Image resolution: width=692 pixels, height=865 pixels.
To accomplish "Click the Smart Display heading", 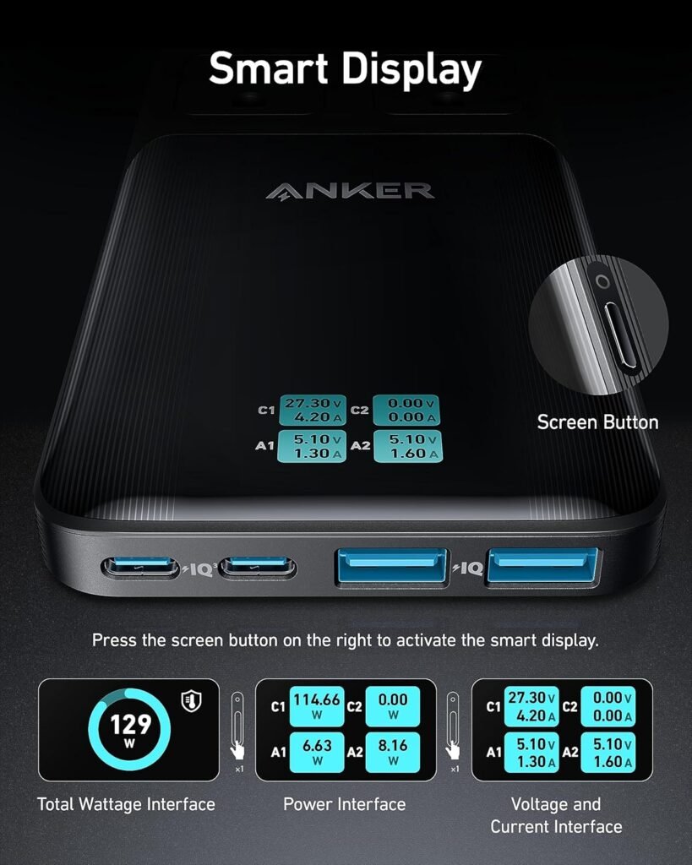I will (346, 69).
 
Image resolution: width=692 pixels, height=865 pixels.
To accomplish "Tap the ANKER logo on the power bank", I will (350, 190).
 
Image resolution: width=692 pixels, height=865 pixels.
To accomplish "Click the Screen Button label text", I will (597, 422).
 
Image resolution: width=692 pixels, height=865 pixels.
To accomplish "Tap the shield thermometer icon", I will (190, 700).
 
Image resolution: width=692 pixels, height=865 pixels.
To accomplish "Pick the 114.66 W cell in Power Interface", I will (317, 705).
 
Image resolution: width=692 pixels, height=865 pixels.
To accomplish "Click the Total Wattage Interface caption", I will (126, 804).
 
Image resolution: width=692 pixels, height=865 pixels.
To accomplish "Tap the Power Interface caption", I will (345, 804).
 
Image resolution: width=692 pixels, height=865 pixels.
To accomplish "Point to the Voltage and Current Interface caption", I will (556, 815).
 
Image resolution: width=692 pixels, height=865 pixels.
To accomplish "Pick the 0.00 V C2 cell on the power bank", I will (406, 410).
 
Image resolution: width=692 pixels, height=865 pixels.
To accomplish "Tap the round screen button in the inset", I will (602, 280).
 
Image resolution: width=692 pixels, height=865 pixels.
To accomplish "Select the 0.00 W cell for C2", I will (392, 705).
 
